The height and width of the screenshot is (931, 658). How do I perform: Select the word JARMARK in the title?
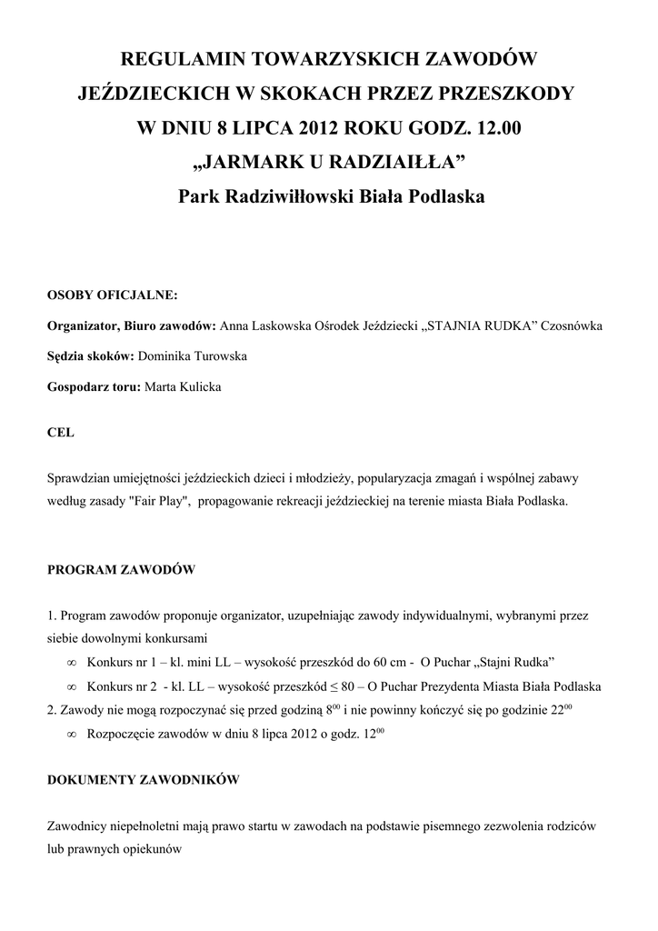tap(260, 163)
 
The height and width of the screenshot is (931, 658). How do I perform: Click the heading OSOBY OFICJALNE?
tap(113, 295)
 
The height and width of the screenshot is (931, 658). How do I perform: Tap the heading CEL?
tap(60, 434)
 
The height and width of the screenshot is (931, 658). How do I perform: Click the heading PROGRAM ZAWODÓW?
tap(120, 570)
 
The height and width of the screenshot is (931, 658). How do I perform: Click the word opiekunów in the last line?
tap(151, 848)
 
